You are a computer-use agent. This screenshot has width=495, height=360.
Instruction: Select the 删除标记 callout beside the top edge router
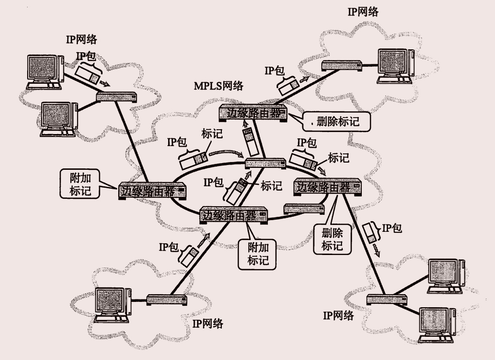[337, 121]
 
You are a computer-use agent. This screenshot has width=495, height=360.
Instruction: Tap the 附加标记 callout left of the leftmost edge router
[80, 183]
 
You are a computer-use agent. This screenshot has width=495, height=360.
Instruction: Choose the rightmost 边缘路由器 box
[328, 187]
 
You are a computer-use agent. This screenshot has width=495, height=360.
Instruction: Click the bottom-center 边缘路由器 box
[234, 215]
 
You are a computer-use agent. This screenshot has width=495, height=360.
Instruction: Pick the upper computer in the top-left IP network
[45, 71]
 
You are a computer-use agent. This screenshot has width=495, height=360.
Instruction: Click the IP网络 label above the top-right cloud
[363, 12]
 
